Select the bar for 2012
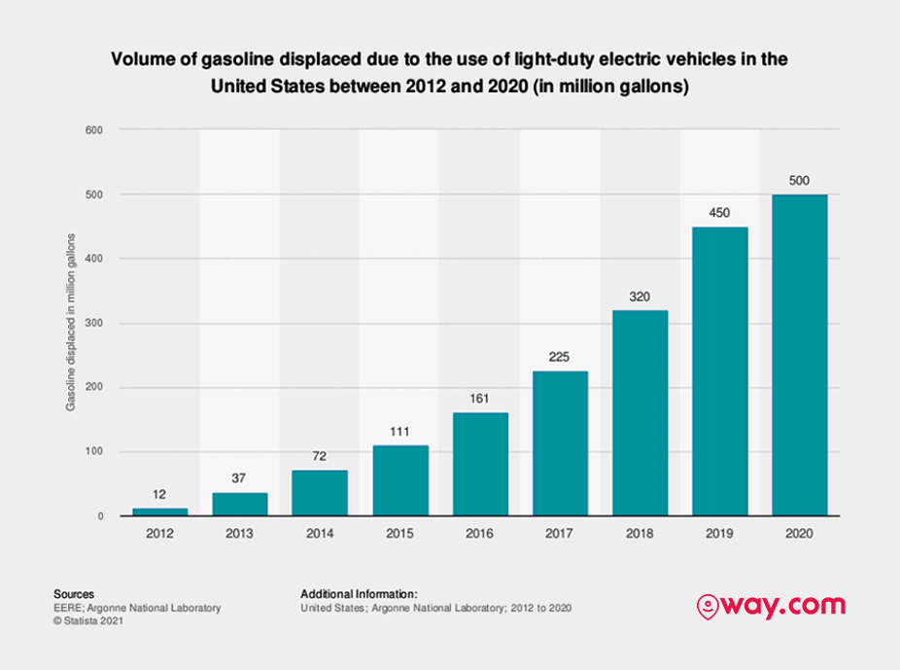159,511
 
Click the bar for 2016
480,464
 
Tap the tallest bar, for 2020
800,355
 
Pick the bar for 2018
640,412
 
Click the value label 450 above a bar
719,213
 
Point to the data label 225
559,357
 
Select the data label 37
239,478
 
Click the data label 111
399,432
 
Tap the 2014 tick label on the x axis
320,534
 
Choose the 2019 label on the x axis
719,534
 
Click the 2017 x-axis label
559,534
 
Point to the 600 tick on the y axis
94,130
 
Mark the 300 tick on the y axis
94,323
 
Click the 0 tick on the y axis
100,516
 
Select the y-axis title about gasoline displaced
71,322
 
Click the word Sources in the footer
74,594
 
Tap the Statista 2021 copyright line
88,620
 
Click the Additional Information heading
360,594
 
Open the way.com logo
771,606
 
